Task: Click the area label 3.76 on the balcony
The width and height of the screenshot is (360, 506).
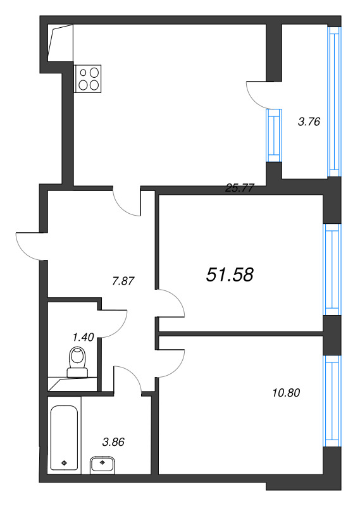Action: [x=308, y=122]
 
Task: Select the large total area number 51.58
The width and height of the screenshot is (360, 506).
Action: [x=230, y=274]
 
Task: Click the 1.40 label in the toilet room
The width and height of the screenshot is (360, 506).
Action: [x=83, y=337]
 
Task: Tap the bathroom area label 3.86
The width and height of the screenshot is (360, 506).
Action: [x=113, y=442]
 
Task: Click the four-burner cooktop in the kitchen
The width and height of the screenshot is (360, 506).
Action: [x=88, y=78]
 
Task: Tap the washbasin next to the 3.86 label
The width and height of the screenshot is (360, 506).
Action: [x=102, y=465]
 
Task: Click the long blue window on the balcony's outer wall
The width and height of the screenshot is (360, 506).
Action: [x=334, y=101]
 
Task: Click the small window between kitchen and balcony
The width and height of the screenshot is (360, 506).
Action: [x=273, y=135]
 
